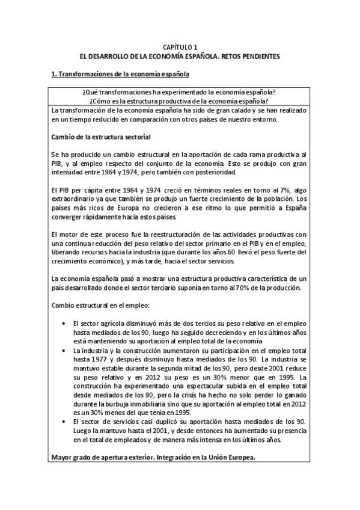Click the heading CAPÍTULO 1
click(x=180, y=46)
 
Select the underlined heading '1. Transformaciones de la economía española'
click(x=120, y=75)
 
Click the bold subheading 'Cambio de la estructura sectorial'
click(x=100, y=137)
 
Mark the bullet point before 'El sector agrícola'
click(x=64, y=323)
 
